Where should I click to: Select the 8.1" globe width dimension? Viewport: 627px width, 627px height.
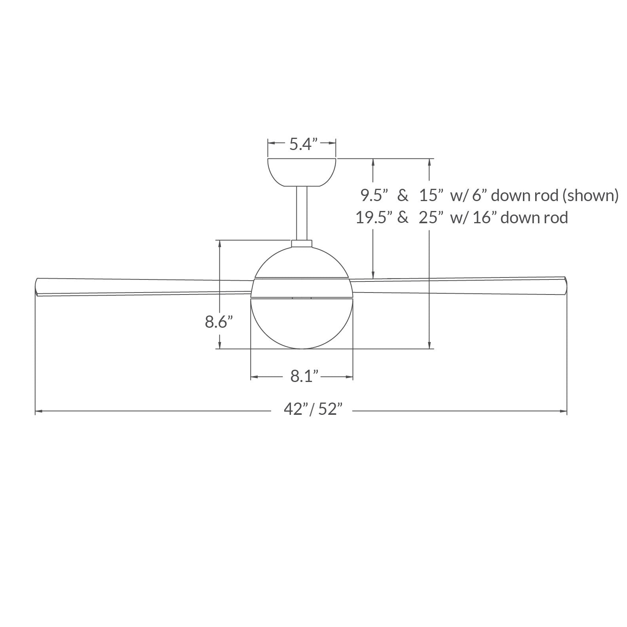coord(305,376)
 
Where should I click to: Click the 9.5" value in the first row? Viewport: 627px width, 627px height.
coord(374,195)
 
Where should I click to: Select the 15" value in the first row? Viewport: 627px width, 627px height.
coord(431,195)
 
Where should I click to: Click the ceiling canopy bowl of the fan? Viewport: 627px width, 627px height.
coord(302,173)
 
